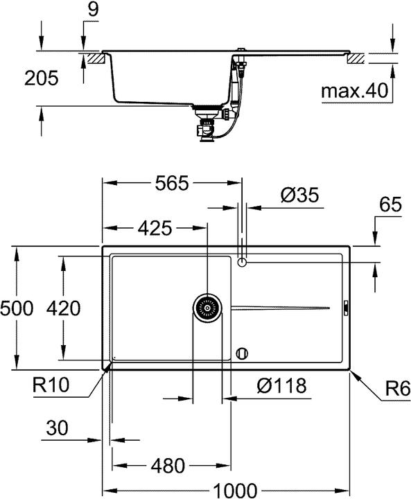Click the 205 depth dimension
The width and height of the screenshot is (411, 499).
pos(21,78)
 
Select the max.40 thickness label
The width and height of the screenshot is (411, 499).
pos(354,90)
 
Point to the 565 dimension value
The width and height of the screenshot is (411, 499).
pos(172,183)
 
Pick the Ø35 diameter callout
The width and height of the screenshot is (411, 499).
pos(299,196)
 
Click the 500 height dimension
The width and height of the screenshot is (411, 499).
pos(17,308)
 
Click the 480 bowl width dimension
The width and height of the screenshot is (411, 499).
pos(168,466)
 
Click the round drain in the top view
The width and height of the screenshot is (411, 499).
pos(207,307)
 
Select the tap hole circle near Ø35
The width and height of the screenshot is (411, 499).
pos(242,262)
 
